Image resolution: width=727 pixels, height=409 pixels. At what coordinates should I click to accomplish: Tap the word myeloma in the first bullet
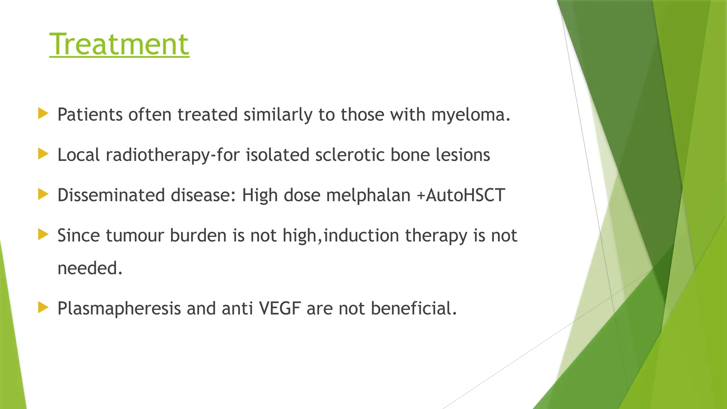(470, 115)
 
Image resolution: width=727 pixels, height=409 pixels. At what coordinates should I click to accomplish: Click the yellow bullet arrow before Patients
(43, 114)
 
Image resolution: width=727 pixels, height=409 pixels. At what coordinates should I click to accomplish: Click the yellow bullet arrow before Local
(43, 154)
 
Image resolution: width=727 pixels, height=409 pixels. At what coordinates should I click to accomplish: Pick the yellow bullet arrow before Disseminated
(43, 194)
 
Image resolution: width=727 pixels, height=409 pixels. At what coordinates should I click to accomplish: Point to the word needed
(89, 268)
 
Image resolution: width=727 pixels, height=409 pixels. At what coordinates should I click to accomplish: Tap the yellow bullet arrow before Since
(43, 234)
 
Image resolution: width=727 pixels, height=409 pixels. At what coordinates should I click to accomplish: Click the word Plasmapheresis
(119, 309)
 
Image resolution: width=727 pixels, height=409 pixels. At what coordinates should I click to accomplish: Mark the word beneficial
(413, 308)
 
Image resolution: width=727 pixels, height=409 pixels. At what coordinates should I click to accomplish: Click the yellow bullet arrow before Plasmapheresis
(43, 307)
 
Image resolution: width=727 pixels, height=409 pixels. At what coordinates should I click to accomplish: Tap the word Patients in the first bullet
(90, 115)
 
